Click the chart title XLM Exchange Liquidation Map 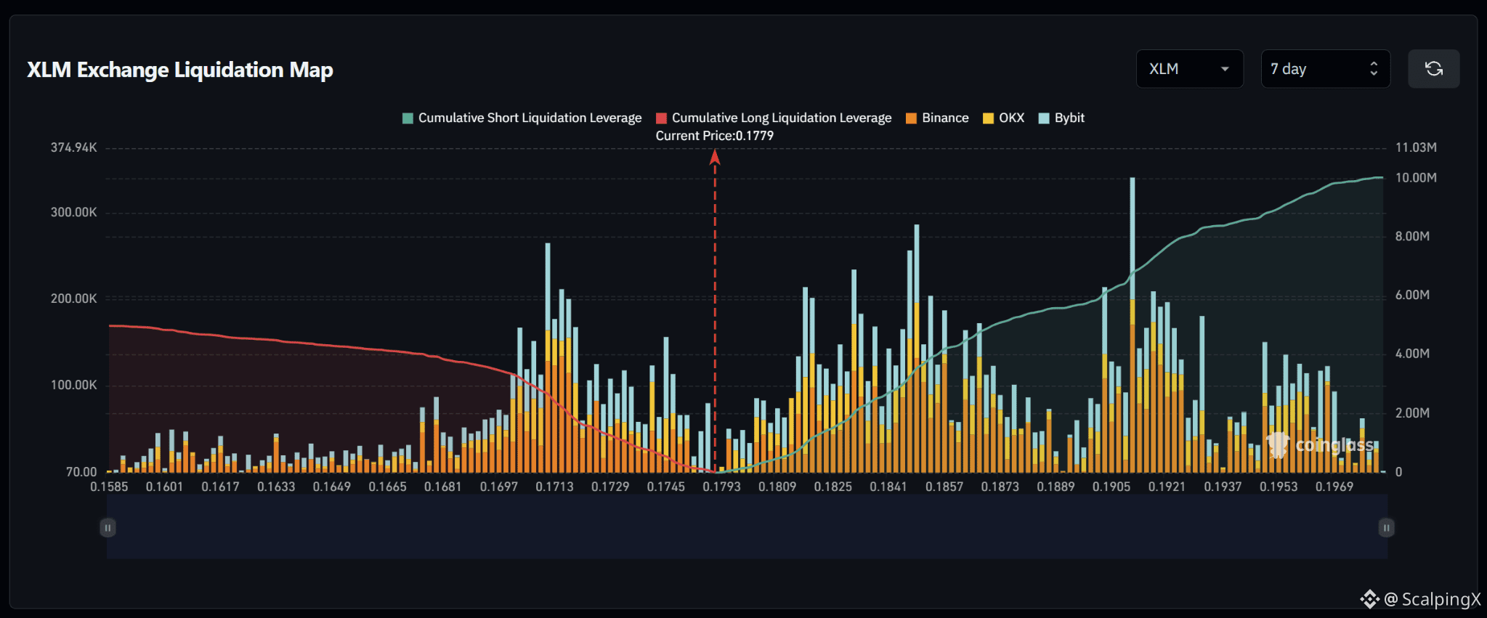click(x=180, y=70)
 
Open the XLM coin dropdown click(x=1189, y=69)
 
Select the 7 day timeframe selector click(x=1325, y=69)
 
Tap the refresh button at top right click(x=1433, y=69)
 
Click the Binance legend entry click(x=937, y=118)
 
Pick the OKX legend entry click(x=1003, y=118)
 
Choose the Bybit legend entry click(x=1061, y=118)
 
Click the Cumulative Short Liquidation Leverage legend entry click(x=522, y=118)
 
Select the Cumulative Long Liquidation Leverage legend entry click(x=774, y=118)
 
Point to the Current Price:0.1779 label click(x=714, y=136)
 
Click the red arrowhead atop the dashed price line click(x=715, y=157)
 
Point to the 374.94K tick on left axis click(x=73, y=147)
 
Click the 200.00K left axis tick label click(x=73, y=298)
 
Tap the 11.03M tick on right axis click(x=1416, y=147)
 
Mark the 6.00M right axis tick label click(x=1412, y=295)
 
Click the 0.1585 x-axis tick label click(x=109, y=487)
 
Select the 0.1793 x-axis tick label click(x=721, y=487)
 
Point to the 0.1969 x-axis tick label click(x=1334, y=487)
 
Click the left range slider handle click(x=108, y=528)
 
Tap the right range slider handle click(x=1386, y=528)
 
